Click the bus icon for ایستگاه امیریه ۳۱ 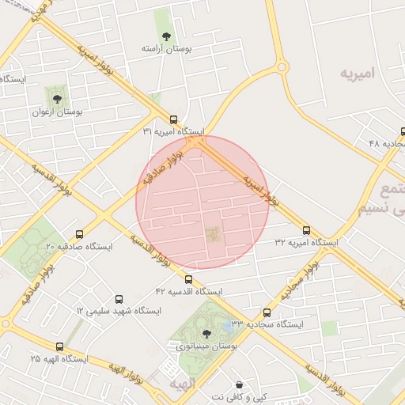pyautogui.click(x=174, y=119)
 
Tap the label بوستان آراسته pyautogui.click(x=166, y=49)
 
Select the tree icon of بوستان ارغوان pyautogui.click(x=56, y=98)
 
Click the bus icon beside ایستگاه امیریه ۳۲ pyautogui.click(x=306, y=230)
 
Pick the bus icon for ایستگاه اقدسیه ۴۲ pyautogui.click(x=187, y=279)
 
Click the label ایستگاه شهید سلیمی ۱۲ pyautogui.click(x=119, y=311)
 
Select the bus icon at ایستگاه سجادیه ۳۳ pyautogui.click(x=267, y=312)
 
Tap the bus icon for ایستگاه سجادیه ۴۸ pyautogui.click(x=403, y=131)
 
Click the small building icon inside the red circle pyautogui.click(x=212, y=234)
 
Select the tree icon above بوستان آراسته pyautogui.click(x=166, y=36)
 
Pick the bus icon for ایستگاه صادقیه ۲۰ pyautogui.click(x=79, y=234)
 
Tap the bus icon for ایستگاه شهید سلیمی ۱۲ pyautogui.click(x=119, y=299)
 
